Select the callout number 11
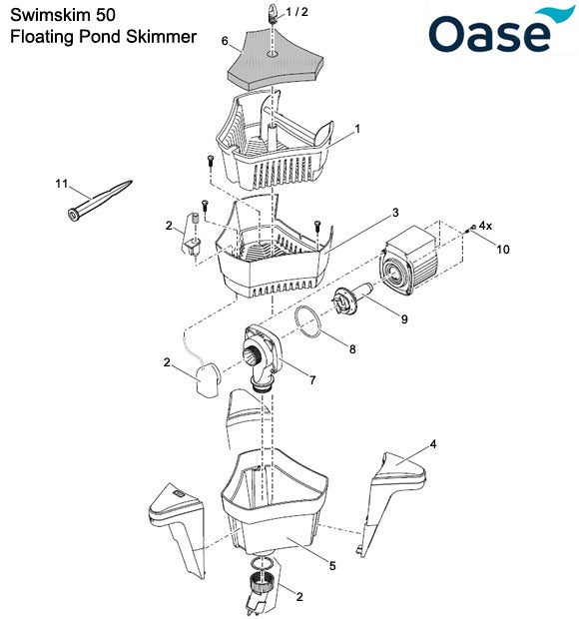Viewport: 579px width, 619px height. click(x=61, y=185)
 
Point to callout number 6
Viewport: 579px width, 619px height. click(x=226, y=41)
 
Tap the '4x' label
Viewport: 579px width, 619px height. click(x=485, y=227)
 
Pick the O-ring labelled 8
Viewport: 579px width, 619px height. click(x=310, y=322)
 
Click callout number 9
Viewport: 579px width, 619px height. click(x=404, y=319)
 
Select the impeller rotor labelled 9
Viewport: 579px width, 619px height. click(x=355, y=296)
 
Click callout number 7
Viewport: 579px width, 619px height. click(x=312, y=380)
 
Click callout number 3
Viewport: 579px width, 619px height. click(x=395, y=213)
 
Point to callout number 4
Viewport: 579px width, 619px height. click(x=432, y=442)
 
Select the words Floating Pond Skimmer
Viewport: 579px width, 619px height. click(x=103, y=37)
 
